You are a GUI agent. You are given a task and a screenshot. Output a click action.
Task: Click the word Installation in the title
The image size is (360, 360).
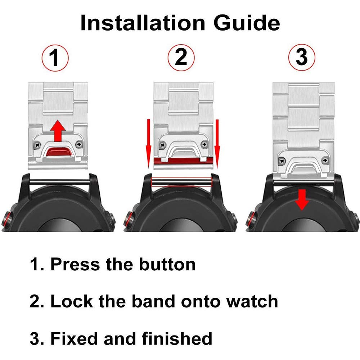click(x=143, y=23)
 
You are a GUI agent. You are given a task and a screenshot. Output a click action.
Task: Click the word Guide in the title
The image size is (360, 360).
click(x=247, y=23)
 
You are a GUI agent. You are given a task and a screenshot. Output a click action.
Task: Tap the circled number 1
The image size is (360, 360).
click(x=55, y=58)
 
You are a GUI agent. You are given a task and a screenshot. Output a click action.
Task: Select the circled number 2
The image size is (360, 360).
click(x=181, y=58)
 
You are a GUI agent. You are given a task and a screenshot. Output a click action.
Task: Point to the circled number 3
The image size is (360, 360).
click(x=302, y=57)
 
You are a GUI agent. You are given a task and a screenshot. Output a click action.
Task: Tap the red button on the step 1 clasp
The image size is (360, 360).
click(x=59, y=152)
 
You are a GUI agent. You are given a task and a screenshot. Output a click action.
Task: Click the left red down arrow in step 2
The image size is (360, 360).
click(x=149, y=144)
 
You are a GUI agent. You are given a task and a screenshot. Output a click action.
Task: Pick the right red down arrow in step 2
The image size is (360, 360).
click(x=217, y=144)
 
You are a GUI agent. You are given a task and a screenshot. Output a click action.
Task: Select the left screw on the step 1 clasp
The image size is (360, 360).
click(x=38, y=145)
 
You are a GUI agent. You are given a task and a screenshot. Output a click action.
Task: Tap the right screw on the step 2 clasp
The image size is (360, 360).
click(x=204, y=145)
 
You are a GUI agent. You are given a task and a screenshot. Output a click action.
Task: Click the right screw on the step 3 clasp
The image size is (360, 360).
click(x=325, y=160)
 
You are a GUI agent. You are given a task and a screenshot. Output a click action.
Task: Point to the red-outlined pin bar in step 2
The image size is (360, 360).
click(x=181, y=182)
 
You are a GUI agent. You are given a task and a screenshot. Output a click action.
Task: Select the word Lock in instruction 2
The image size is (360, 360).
click(x=72, y=301)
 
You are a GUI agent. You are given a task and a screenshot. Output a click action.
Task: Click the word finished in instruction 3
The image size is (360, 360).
click(x=177, y=338)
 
